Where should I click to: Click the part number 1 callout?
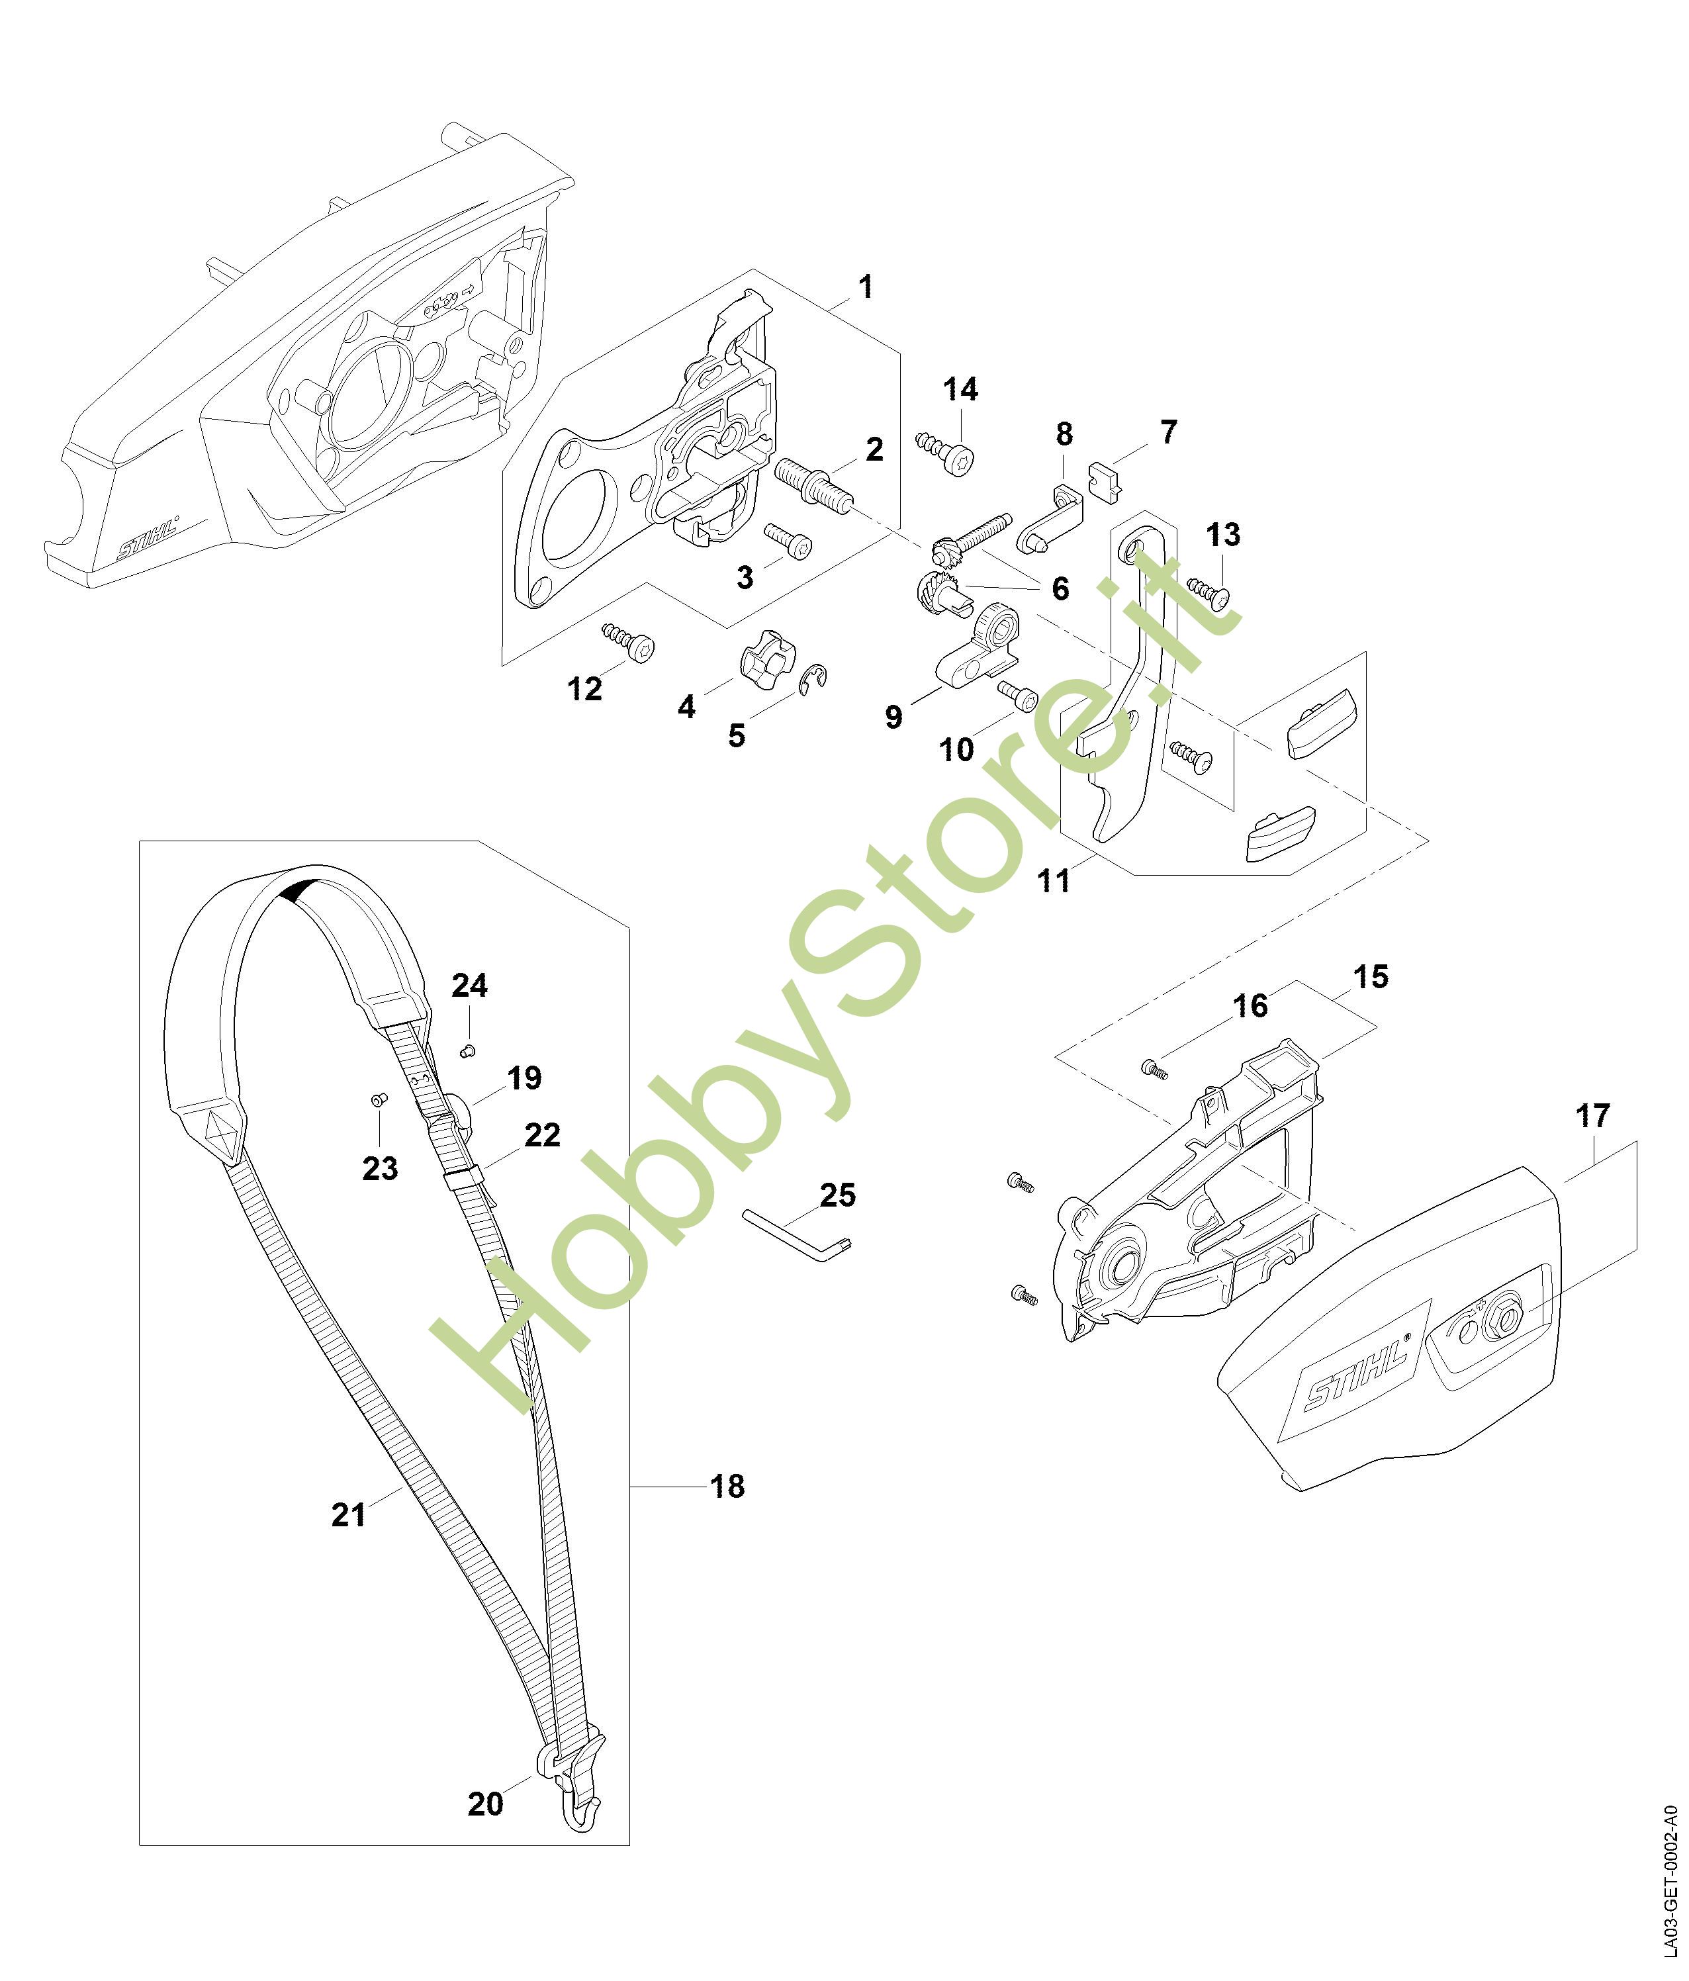pyautogui.click(x=865, y=286)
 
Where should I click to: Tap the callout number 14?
pyautogui.click(x=960, y=389)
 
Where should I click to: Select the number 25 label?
pyautogui.click(x=837, y=1195)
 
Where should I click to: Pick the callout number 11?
pyautogui.click(x=1054, y=880)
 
